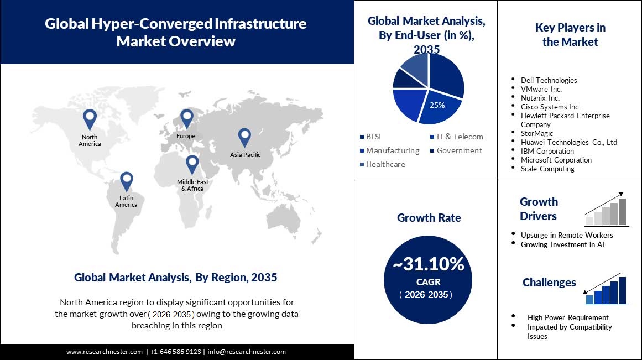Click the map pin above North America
click(x=89, y=119)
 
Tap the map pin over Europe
click(x=186, y=118)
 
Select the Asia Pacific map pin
click(x=244, y=138)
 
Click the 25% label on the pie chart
click(x=437, y=105)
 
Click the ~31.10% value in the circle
click(x=428, y=265)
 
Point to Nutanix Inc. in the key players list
click(x=540, y=98)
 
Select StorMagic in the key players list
click(x=536, y=133)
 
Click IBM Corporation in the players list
click(x=547, y=151)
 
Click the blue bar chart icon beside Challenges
click(x=606, y=289)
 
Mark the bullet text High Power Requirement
click(x=568, y=317)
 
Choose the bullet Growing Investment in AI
click(x=562, y=244)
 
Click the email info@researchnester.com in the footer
click(x=247, y=352)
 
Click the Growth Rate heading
click(x=429, y=218)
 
